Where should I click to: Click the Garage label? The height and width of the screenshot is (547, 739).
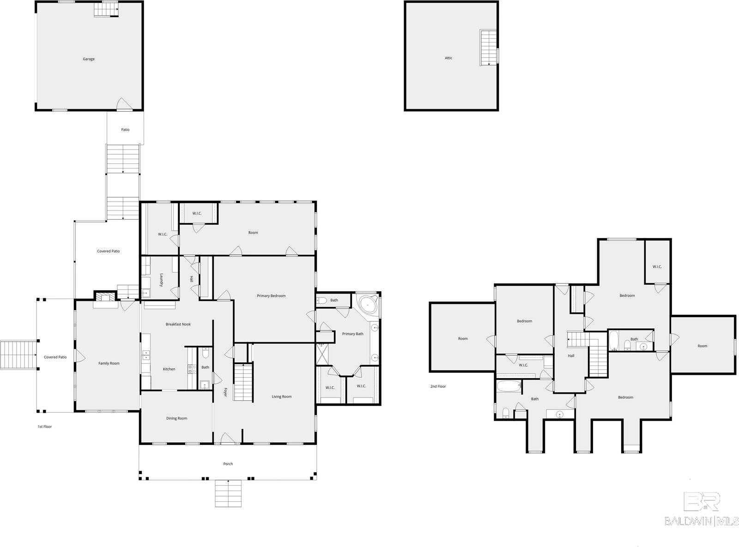(89, 59)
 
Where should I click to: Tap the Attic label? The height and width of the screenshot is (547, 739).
(448, 58)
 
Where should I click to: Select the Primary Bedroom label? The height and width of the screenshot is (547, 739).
(271, 296)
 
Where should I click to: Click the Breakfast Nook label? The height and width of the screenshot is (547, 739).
(178, 324)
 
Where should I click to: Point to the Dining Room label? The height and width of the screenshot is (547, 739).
(176, 418)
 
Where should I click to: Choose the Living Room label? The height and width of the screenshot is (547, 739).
(282, 397)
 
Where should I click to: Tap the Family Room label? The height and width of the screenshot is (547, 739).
(109, 363)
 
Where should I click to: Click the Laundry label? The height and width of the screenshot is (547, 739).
(161, 280)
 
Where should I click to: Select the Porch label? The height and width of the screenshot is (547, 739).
(228, 464)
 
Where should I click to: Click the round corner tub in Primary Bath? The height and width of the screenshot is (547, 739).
(368, 305)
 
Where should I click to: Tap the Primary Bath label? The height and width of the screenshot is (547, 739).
(352, 334)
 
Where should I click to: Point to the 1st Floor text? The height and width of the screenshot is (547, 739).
(45, 427)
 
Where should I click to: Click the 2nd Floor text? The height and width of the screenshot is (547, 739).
(438, 386)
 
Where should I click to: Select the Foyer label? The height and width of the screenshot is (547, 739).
(225, 392)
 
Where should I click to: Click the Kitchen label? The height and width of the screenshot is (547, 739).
(169, 369)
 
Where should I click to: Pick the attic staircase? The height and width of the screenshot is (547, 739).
(489, 48)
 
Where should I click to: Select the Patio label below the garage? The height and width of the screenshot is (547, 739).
(125, 130)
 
